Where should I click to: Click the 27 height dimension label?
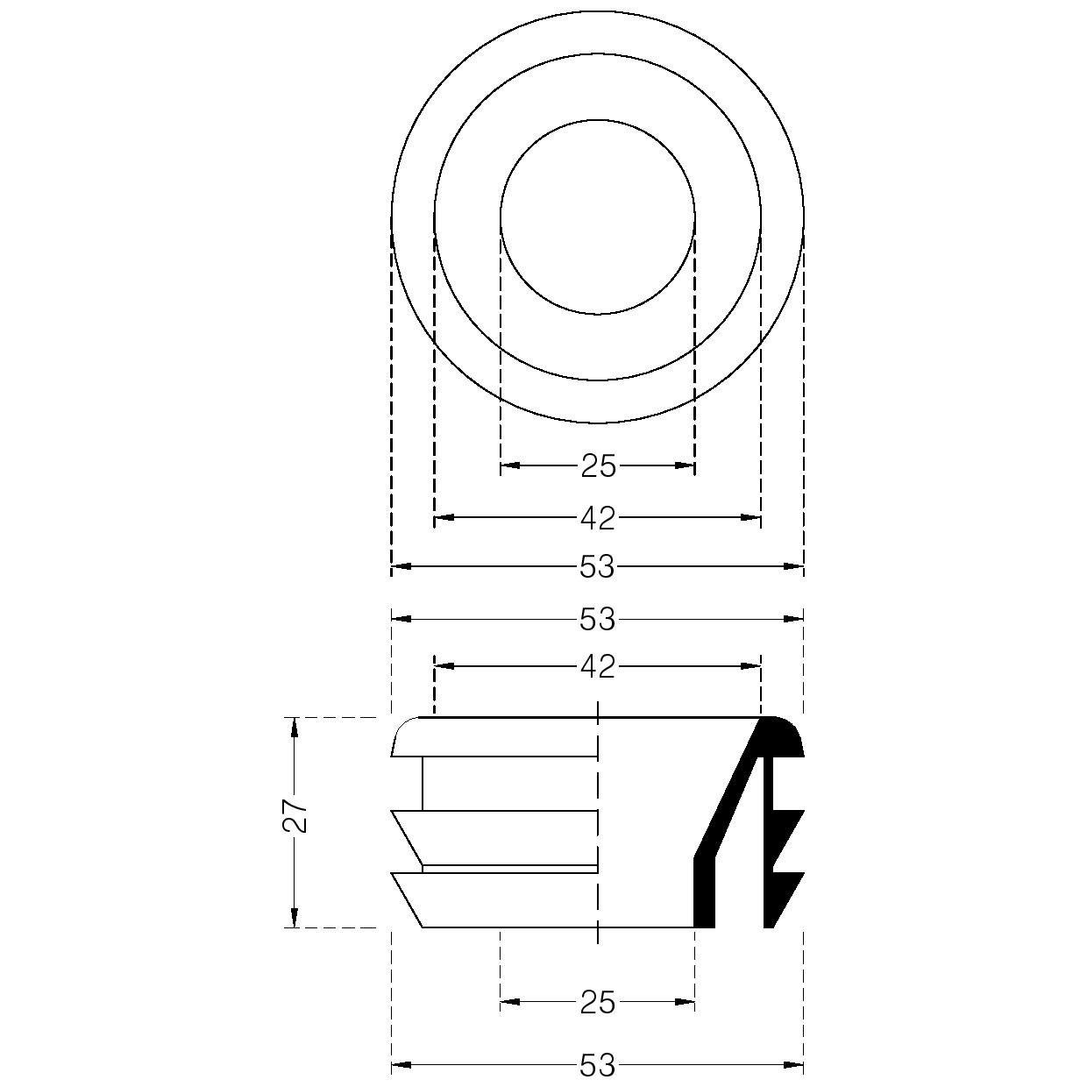[x=295, y=816]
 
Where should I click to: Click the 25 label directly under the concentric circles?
[x=598, y=466]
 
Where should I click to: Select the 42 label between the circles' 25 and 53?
[x=598, y=518]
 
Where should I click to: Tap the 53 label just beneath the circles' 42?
[x=597, y=567]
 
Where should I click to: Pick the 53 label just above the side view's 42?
[x=597, y=620]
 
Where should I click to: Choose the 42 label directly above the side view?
[x=598, y=667]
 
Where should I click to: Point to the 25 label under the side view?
[x=598, y=1002]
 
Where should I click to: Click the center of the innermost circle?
[x=597, y=217]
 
